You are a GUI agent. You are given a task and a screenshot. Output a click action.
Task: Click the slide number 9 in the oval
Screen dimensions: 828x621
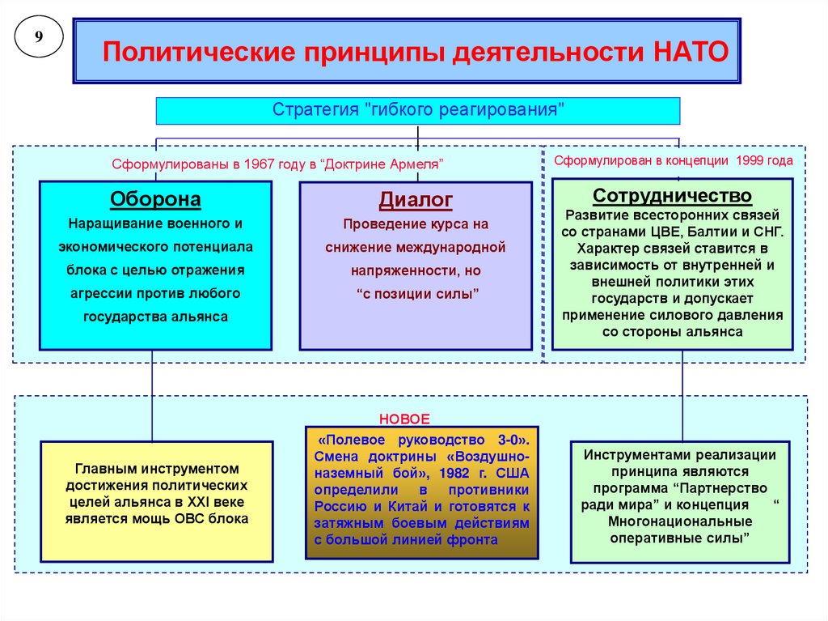pos(37,39)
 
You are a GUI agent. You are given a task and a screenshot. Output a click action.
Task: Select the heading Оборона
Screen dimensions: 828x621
pos(155,199)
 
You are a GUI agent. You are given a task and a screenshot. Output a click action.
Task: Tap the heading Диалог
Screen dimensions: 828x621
pos(416,199)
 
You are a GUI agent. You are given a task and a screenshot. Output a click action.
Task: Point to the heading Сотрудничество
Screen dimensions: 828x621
pos(672,196)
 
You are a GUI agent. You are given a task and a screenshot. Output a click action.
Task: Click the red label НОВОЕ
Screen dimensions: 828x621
pos(405,419)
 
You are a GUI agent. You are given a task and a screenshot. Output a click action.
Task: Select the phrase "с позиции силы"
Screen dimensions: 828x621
pos(416,293)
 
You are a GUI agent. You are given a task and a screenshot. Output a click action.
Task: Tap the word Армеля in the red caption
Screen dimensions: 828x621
pos(415,164)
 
